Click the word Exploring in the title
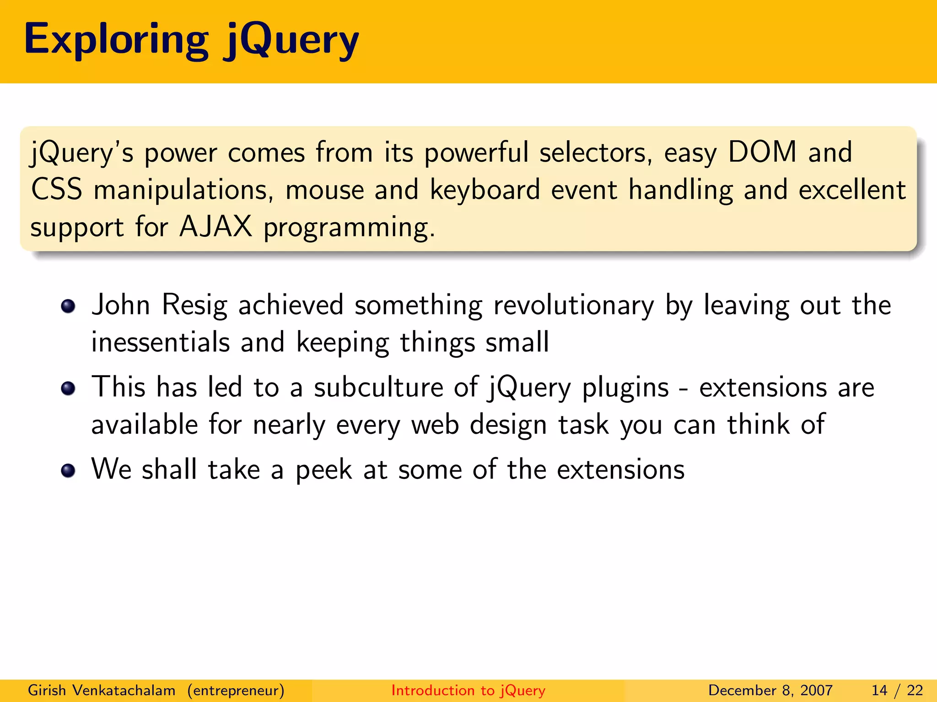coord(116,40)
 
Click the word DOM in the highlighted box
coord(762,152)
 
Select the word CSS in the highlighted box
coord(57,189)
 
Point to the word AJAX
coord(216,226)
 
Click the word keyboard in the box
coord(485,190)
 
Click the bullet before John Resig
coord(68,306)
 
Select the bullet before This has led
coord(68,388)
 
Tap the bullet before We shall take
coord(68,470)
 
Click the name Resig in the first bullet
coord(194,305)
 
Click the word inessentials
coord(160,342)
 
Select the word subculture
coord(378,388)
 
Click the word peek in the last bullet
coord(324,470)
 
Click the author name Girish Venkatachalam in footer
coord(102,690)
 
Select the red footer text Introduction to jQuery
coord(468,690)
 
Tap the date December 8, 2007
coord(770,690)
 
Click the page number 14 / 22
coord(897,690)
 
